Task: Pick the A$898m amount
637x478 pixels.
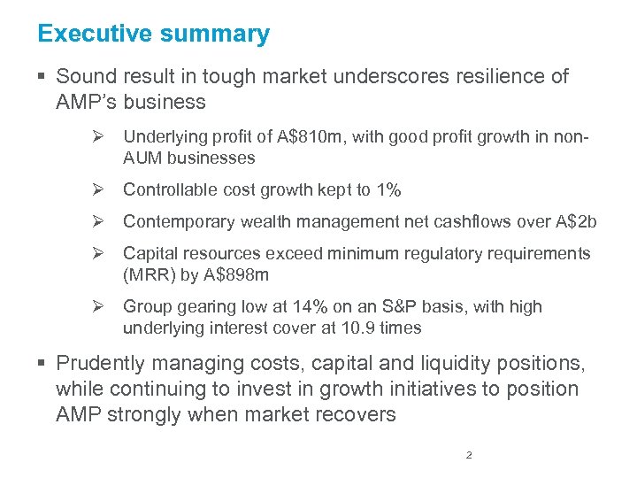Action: pyautogui.click(x=238, y=274)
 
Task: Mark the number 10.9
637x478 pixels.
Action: pyautogui.click(x=358, y=328)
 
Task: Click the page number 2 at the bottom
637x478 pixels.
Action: pyautogui.click(x=469, y=456)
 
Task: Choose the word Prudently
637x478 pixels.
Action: pyautogui.click(x=100, y=363)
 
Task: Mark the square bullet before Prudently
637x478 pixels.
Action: pyautogui.click(x=43, y=364)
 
